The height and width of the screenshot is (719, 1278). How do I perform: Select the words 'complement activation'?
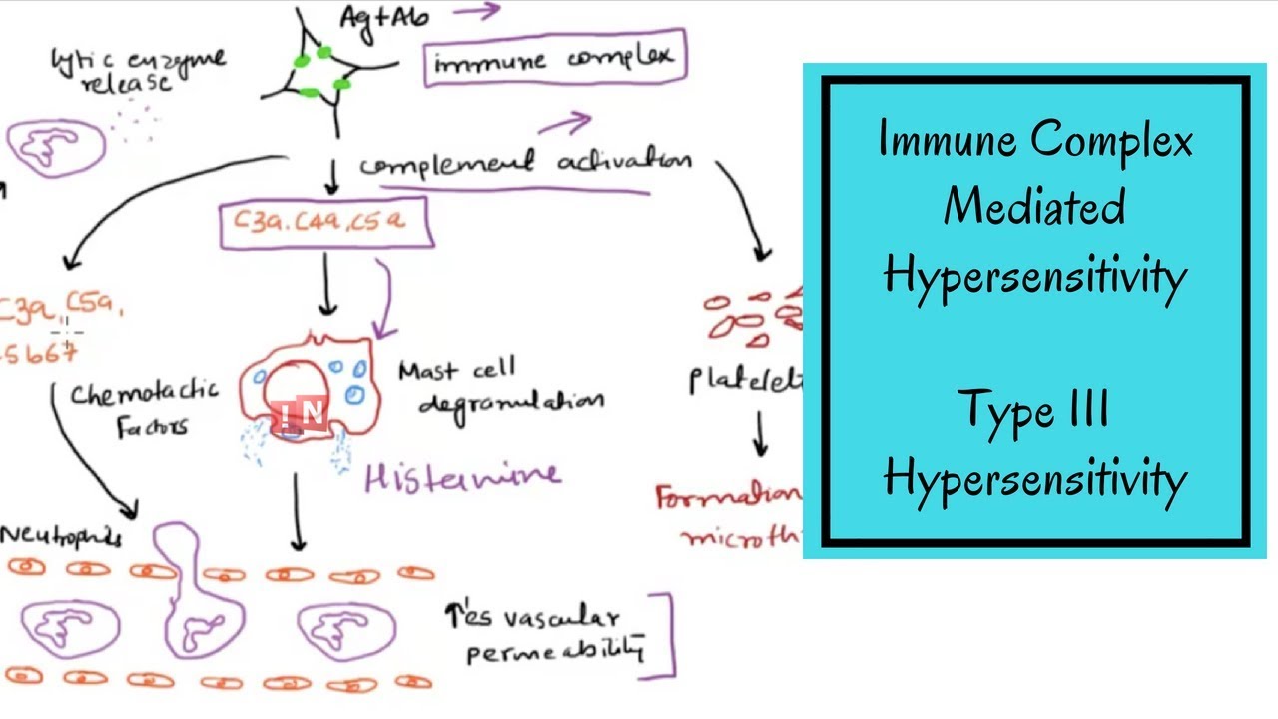coord(524,163)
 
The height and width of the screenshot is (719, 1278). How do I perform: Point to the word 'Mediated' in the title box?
coord(1034,207)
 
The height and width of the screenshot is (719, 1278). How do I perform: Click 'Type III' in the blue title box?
coord(1034,409)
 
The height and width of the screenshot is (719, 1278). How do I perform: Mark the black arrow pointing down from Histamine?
coord(297,511)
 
